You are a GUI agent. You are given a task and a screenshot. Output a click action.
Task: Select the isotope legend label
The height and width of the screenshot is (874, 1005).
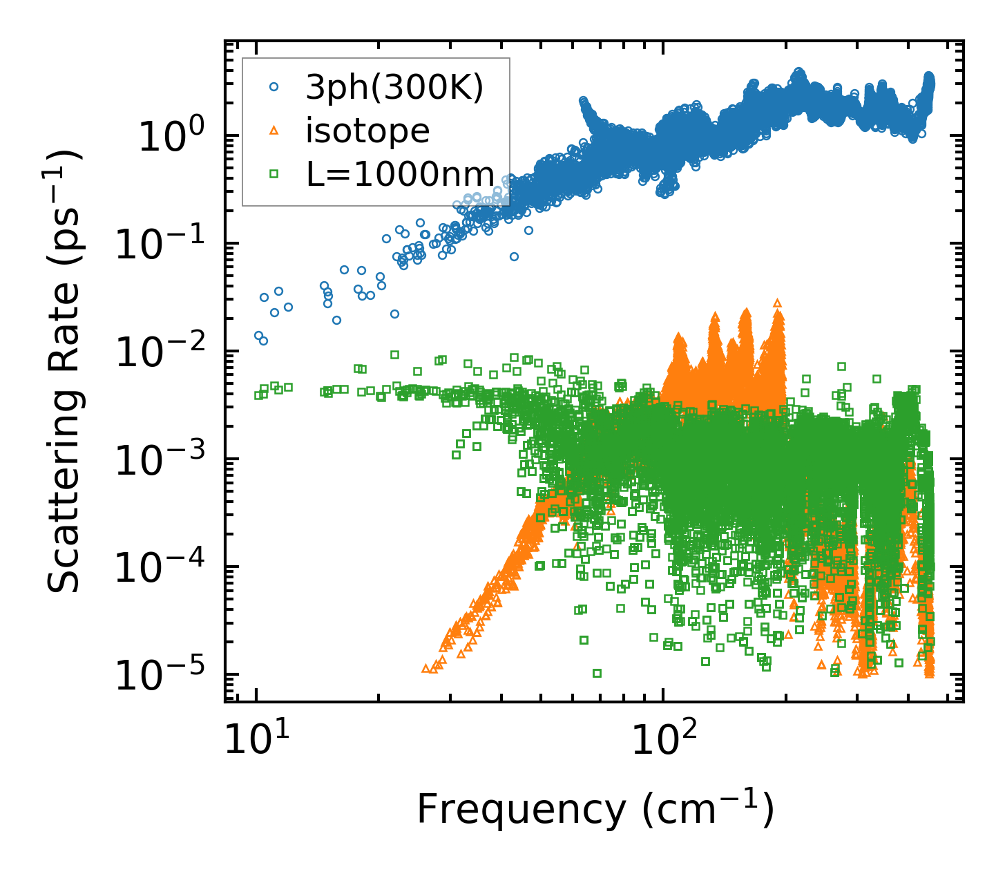click(367, 131)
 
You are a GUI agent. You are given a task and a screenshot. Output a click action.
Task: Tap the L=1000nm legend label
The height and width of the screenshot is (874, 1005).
click(400, 174)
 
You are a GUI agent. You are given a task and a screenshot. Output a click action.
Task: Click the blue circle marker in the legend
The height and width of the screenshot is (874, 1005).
click(274, 88)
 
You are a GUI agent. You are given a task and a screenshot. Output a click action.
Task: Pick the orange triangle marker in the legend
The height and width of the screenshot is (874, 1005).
click(274, 131)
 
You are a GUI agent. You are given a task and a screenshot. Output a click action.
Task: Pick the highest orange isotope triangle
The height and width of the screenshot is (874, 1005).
click(778, 303)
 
